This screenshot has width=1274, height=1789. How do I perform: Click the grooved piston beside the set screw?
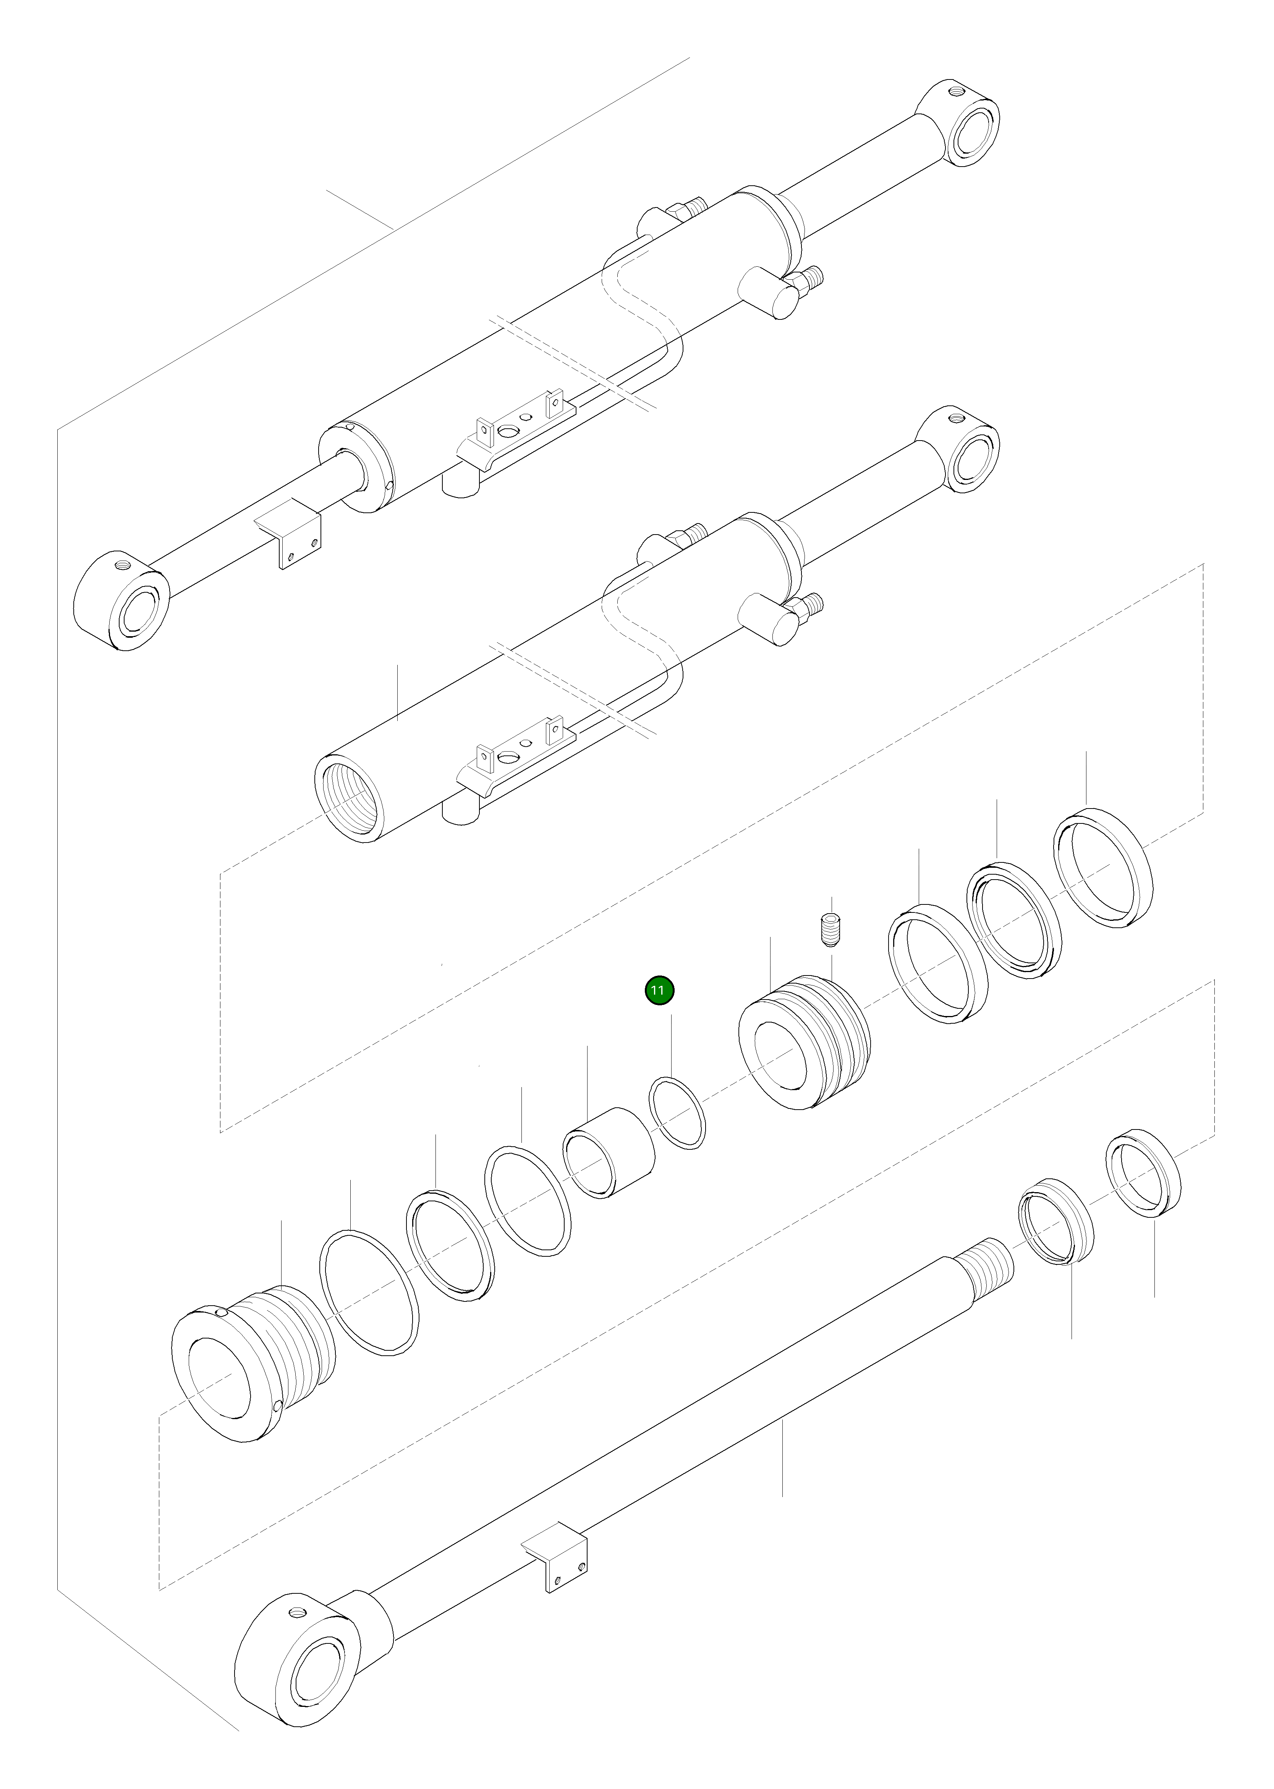804,1041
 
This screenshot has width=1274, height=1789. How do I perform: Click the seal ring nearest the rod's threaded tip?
1055,1232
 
